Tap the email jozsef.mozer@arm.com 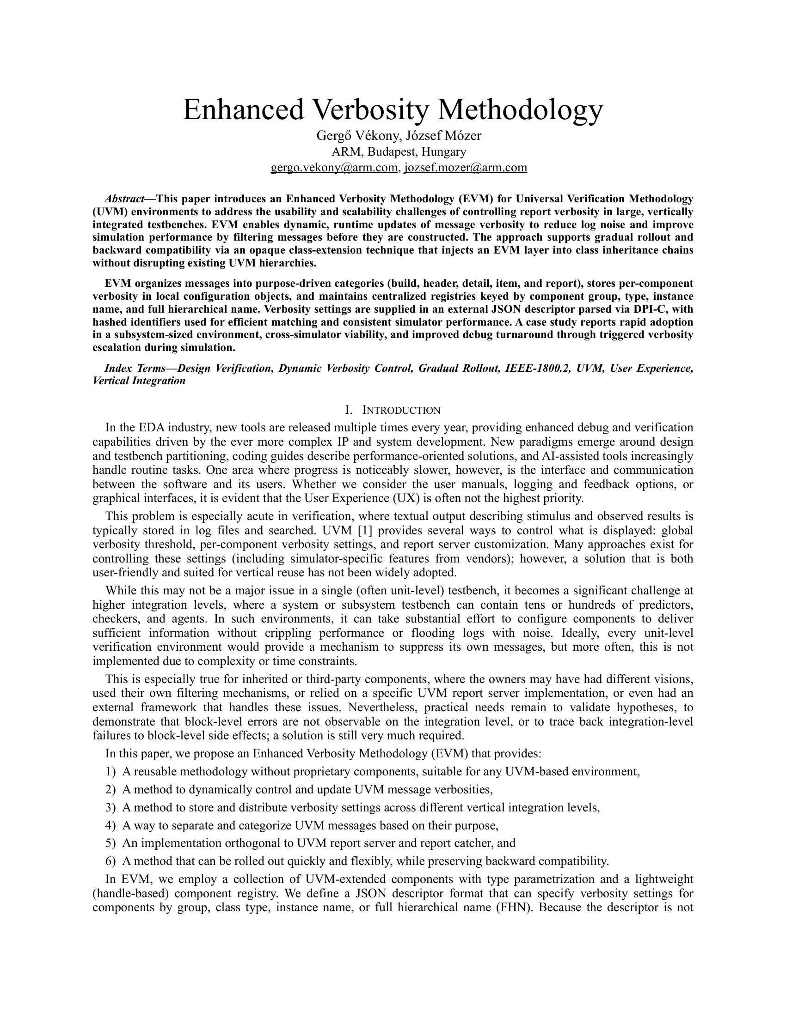466,168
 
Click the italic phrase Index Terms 135,369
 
